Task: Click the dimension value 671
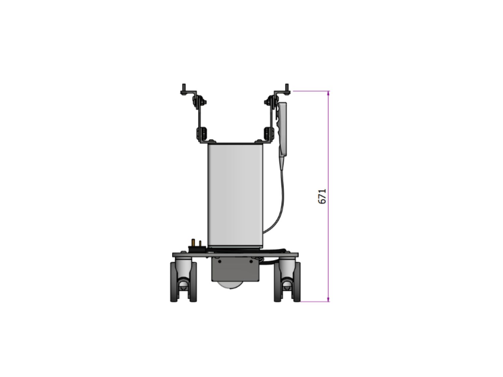[x=322, y=196]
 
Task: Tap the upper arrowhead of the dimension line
[x=328, y=93]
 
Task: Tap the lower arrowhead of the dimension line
[x=328, y=299]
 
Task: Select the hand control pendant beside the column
[x=282, y=129]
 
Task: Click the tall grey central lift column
[x=235, y=195]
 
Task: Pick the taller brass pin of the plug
[x=193, y=242]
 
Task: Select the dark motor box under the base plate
[x=235, y=269]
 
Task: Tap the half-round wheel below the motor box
[x=230, y=285]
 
